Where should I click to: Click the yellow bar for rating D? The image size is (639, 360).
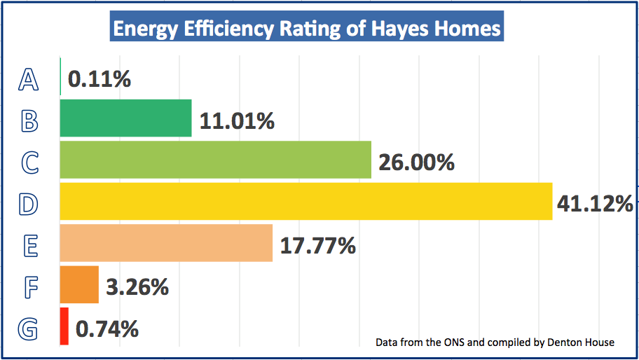(305, 201)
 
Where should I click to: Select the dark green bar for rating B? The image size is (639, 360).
(125, 118)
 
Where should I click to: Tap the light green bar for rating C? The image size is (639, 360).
(215, 160)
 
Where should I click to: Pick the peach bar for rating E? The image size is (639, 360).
(166, 242)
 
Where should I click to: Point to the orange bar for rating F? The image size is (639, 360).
(79, 284)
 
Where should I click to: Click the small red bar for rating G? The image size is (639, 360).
(64, 326)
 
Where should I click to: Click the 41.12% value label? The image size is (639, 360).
(595, 204)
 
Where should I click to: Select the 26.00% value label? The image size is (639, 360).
(416, 162)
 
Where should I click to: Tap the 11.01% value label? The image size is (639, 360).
(236, 121)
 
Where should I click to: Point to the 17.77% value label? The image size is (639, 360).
(317, 246)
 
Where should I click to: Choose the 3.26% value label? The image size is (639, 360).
(137, 287)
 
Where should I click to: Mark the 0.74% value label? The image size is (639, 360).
(106, 328)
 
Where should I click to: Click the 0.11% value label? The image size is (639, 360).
(99, 79)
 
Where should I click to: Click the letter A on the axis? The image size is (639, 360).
(28, 80)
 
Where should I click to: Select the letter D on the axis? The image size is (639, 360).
(28, 205)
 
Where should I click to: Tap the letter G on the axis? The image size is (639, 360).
(28, 329)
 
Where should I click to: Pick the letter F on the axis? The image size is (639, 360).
(28, 288)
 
